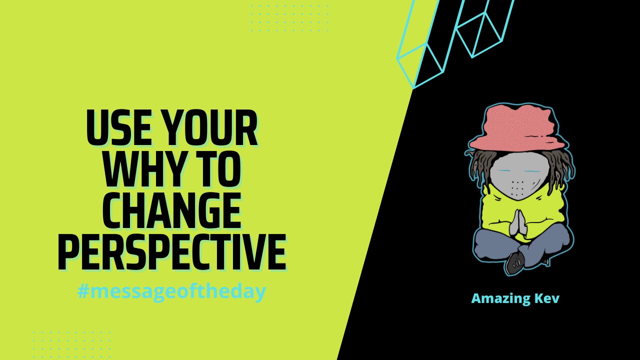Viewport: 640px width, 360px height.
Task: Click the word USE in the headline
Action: (118, 127)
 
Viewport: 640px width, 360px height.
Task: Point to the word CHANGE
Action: (171, 210)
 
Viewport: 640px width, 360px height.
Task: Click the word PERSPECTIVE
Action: (171, 251)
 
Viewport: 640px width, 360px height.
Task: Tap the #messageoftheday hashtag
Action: (171, 292)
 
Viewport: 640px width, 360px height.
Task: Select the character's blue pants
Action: (522, 245)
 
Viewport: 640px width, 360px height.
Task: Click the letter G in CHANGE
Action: (205, 210)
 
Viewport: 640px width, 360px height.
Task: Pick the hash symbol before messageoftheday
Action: (83, 291)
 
